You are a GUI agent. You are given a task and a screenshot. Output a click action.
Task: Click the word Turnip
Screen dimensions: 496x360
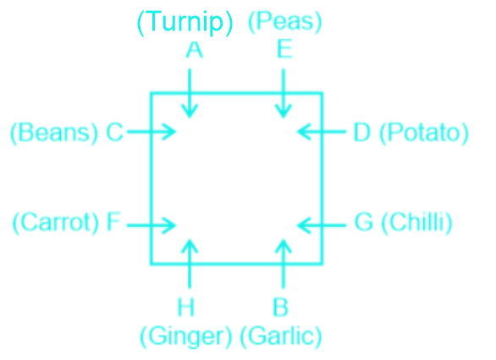click(x=185, y=21)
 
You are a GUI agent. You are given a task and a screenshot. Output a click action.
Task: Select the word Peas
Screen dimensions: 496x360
click(x=284, y=21)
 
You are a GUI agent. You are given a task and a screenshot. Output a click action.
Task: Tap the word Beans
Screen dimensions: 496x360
click(x=54, y=133)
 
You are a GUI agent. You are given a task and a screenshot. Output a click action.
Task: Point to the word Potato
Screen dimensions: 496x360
click(x=424, y=133)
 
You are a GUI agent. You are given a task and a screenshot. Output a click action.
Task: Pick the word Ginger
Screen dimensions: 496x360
click(x=186, y=336)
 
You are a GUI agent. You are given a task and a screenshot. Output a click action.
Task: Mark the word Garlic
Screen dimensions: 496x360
click(x=281, y=336)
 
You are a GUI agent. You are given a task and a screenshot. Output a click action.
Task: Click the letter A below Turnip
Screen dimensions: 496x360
click(x=194, y=50)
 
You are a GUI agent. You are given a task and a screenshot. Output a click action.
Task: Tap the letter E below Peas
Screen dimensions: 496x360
click(x=284, y=49)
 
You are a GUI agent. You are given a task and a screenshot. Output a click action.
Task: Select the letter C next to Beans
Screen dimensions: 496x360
click(x=114, y=132)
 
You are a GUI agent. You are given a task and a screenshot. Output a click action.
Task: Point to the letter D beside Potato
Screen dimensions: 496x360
click(x=362, y=132)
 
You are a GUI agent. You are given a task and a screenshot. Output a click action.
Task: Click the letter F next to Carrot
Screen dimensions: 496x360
click(x=113, y=221)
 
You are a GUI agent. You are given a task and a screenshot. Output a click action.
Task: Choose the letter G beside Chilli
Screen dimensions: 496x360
click(x=364, y=222)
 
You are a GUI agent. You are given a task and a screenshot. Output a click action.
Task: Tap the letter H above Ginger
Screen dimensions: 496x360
click(x=185, y=307)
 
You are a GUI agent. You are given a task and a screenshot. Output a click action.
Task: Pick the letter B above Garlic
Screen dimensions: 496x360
click(x=280, y=307)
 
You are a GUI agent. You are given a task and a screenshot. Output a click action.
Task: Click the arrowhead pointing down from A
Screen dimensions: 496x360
click(x=190, y=111)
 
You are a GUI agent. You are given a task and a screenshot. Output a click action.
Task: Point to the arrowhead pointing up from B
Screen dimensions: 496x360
click(x=283, y=246)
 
